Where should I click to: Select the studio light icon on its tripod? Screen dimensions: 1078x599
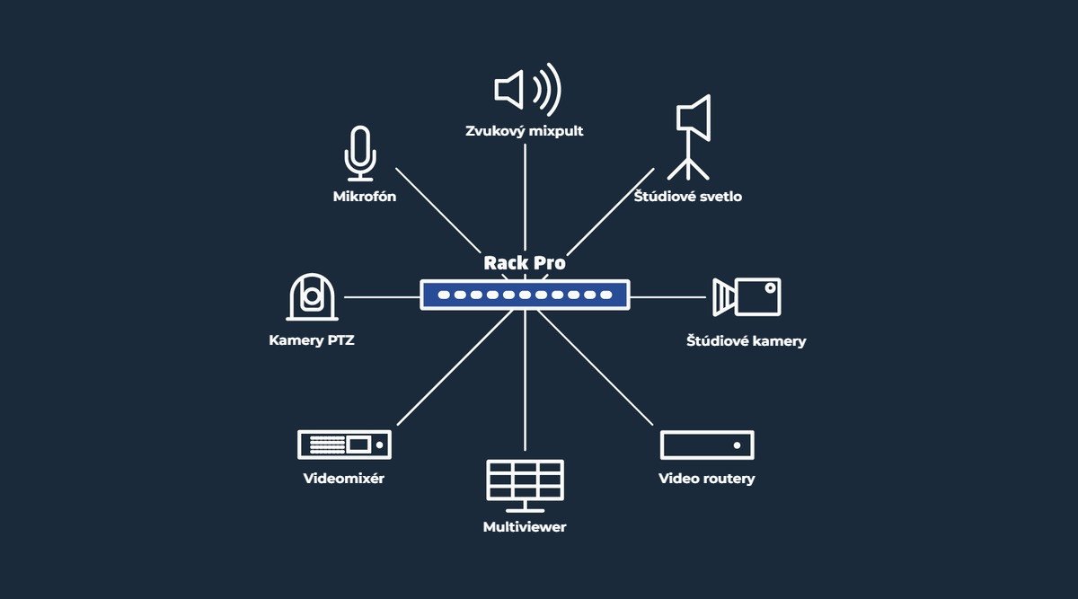[x=689, y=137]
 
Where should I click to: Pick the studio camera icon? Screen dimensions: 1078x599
[x=747, y=297]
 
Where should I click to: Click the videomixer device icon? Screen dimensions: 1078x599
[x=344, y=445]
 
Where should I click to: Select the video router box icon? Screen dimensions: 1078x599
[x=707, y=445]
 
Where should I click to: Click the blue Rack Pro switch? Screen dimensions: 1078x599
[x=525, y=295]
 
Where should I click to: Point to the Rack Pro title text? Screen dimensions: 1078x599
[x=525, y=263]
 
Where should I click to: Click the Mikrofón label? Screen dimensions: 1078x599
[x=365, y=197]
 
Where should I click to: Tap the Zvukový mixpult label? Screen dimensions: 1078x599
[x=524, y=131]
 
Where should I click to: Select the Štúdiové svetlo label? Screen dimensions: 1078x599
[x=688, y=196]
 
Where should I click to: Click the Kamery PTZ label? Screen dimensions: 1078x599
[x=312, y=340]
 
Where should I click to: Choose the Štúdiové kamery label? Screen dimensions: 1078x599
[x=746, y=340]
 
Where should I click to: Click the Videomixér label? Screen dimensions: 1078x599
[x=343, y=479]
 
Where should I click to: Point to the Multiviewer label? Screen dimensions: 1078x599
[x=525, y=527]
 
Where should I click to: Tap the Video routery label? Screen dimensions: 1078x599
[x=706, y=479]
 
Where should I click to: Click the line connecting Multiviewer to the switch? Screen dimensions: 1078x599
[x=525, y=381]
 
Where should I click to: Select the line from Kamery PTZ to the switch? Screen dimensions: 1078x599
[x=382, y=297]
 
